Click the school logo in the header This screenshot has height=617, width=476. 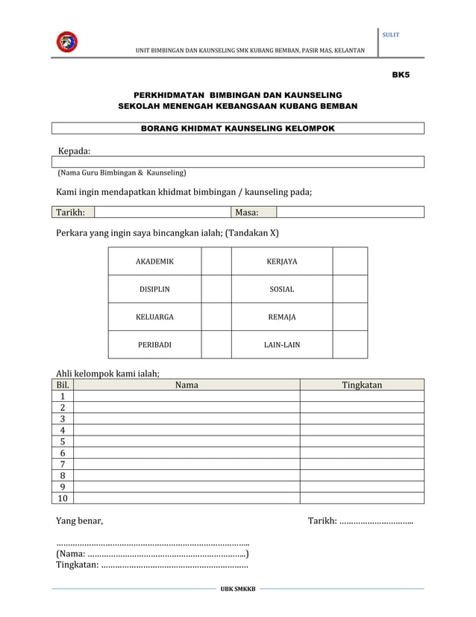66,42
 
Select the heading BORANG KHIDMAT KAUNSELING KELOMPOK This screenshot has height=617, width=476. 238,128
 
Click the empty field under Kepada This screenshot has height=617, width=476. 238,161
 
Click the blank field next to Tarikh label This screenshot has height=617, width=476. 163,212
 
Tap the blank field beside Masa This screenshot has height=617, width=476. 350,212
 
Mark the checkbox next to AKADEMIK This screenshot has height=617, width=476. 216,261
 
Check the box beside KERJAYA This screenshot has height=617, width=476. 350,261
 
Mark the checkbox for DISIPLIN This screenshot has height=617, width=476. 216,289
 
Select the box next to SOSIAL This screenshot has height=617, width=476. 350,289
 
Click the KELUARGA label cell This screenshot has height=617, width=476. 154,317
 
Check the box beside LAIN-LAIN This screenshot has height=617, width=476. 350,345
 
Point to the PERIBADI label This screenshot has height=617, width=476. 154,345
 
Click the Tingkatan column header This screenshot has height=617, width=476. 362,385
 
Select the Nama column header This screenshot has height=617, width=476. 187,385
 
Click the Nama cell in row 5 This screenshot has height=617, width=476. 187,441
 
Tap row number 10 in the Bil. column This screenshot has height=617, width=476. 63,498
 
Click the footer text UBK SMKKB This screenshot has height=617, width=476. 237,589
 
